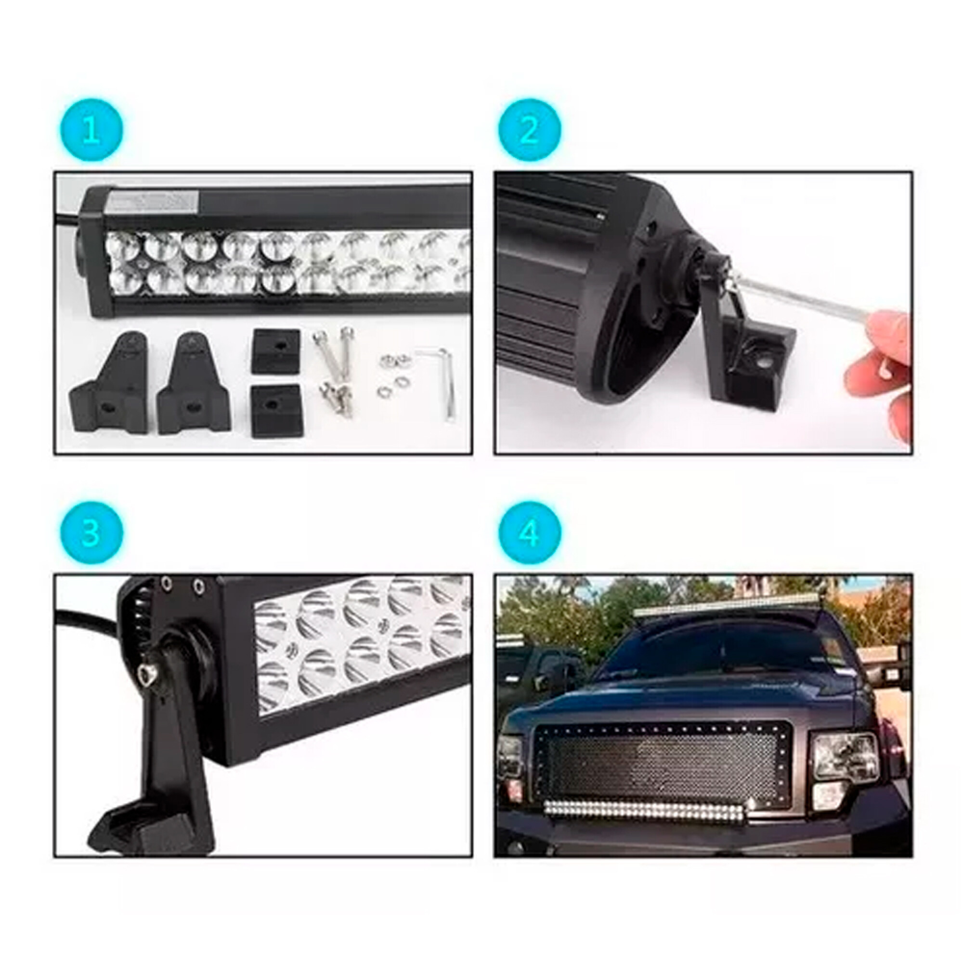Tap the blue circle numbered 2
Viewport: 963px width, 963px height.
[x=529, y=130]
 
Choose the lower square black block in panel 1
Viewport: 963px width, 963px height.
[x=275, y=406]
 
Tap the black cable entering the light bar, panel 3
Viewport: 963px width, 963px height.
[x=87, y=621]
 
